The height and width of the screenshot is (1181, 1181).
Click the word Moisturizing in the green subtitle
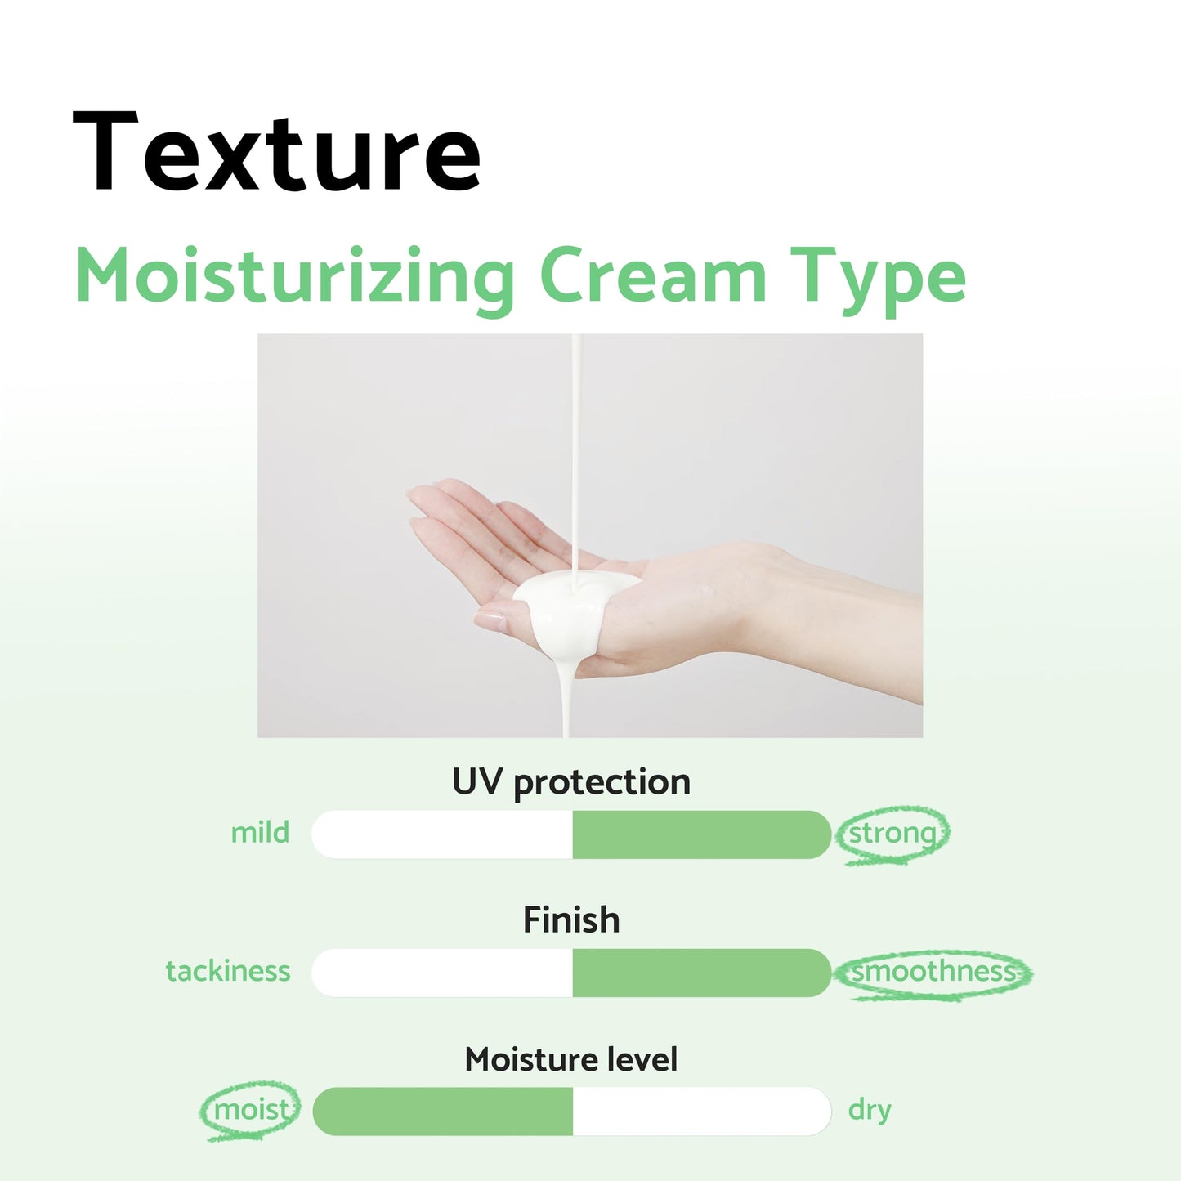pos(294,277)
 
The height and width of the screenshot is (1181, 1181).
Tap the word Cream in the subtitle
pos(652,277)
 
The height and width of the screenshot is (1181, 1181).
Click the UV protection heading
pos(570,782)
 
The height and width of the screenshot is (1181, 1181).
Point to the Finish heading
pos(570,920)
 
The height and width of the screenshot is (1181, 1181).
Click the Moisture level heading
pos(570,1059)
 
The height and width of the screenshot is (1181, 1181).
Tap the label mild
pos(260,833)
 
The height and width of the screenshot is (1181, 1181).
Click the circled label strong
pos(892,834)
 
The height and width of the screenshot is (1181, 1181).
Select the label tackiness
pos(228,971)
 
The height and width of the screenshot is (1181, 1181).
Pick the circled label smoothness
pos(933,972)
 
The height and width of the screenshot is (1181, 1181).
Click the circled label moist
pos(251,1110)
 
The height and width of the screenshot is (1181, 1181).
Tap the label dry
pos(870,1110)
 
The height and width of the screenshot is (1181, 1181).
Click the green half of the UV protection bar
pos(701,834)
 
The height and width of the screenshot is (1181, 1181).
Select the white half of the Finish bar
pos(442,973)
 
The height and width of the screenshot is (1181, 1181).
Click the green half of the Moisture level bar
pos(442,1112)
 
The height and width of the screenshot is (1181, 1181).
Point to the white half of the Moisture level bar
pos(701,1112)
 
